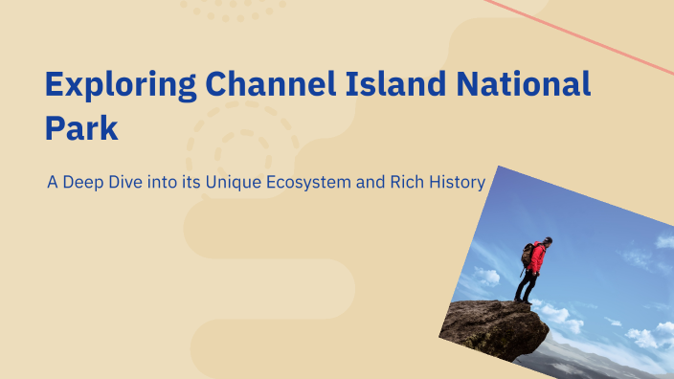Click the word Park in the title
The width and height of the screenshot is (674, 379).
[81, 128]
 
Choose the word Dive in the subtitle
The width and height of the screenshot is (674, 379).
[128, 180]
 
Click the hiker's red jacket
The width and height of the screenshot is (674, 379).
[537, 256]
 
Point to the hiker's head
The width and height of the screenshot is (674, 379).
[546, 241]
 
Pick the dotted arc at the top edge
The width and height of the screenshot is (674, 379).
[235, 11]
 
